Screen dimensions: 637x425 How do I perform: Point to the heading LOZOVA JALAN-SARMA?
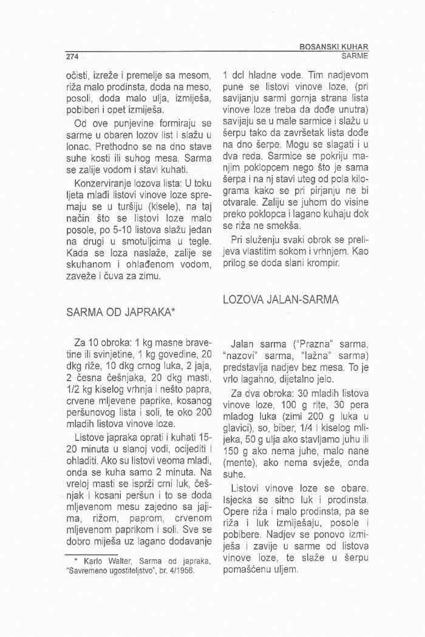(280, 300)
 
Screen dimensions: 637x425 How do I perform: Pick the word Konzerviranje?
(102, 183)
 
